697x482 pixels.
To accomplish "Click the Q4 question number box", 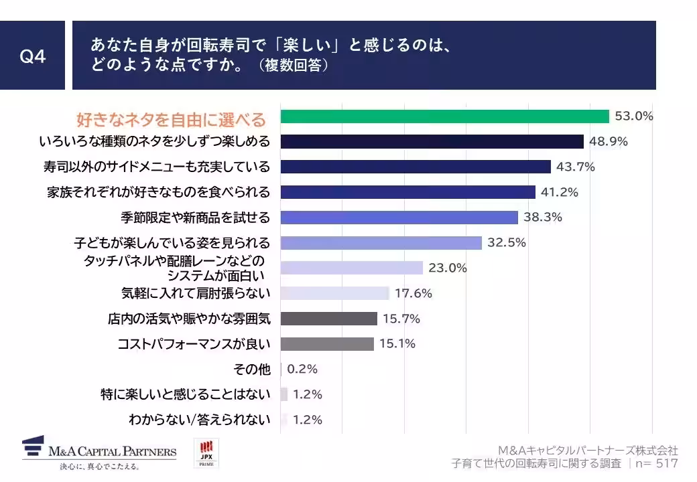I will [x=32, y=56].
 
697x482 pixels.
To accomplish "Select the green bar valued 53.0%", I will [x=444, y=116].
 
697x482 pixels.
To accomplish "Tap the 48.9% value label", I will [x=607, y=141].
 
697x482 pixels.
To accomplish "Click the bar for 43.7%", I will [x=415, y=167].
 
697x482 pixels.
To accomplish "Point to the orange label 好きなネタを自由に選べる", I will [x=171, y=120].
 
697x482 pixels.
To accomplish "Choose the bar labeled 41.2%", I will [x=407, y=192].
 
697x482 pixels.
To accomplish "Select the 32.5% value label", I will [x=507, y=242].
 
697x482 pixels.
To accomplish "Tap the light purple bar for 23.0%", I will [x=351, y=268].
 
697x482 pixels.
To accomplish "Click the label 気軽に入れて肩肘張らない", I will [x=196, y=293].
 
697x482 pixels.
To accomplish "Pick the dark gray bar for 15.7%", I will [x=328, y=319].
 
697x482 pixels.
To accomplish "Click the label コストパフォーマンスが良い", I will [x=194, y=344].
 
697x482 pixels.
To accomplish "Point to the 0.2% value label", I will [x=302, y=369].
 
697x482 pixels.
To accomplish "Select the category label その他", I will [x=252, y=370].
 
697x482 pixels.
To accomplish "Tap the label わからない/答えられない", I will [x=200, y=420].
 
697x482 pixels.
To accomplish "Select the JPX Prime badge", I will [x=206, y=453].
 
